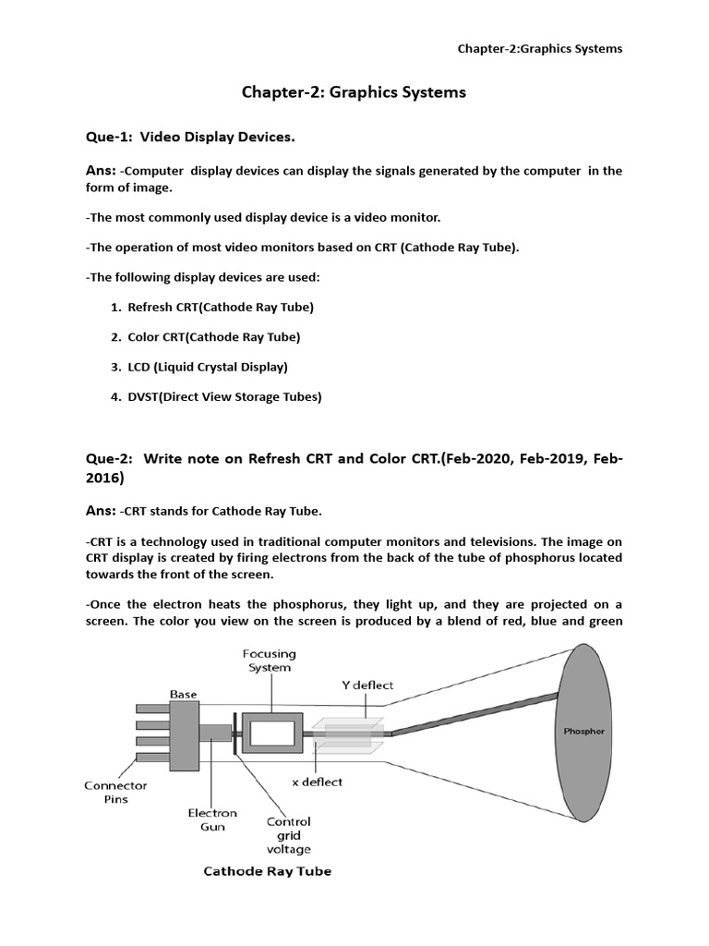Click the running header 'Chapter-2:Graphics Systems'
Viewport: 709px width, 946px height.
point(540,48)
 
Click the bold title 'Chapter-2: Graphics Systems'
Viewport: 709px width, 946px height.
point(354,92)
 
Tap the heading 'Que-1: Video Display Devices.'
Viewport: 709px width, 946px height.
point(190,138)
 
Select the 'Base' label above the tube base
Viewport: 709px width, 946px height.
point(183,694)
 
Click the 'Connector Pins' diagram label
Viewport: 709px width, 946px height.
point(115,793)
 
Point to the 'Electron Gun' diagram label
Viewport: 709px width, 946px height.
point(212,820)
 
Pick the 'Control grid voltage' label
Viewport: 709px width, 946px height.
point(288,835)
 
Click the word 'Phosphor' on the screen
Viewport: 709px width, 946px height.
point(584,731)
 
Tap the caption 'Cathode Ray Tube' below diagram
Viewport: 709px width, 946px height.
point(267,871)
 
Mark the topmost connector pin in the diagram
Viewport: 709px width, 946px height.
point(152,708)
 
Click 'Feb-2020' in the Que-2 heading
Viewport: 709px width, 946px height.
point(475,460)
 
